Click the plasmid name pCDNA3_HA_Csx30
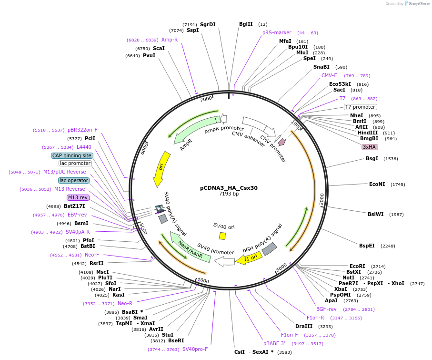(229, 188)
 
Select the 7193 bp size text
(229, 194)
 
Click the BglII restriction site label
(246, 24)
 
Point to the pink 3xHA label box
(370, 147)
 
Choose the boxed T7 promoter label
(360, 107)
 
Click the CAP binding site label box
(72, 155)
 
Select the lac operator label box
(73, 180)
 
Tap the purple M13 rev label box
(78, 197)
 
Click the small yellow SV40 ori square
(222, 236)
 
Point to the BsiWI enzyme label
(375, 214)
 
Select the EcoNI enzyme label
(377, 184)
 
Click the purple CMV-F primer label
(329, 75)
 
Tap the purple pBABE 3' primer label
(274, 343)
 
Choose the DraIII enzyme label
(304, 326)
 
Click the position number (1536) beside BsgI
(391, 159)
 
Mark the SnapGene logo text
(417, 4)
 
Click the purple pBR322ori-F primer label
(82, 130)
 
